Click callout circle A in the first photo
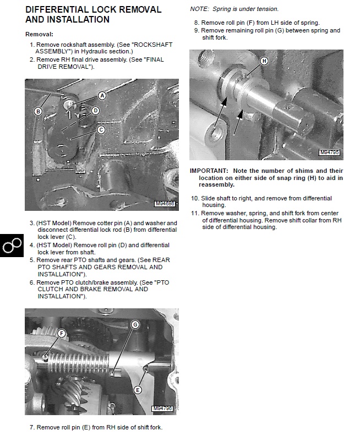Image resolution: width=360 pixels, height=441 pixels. tap(102, 95)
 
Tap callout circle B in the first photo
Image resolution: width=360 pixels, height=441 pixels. tap(38, 111)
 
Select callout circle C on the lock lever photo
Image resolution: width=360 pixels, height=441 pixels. tap(101, 130)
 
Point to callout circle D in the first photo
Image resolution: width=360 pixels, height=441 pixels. tap(95, 110)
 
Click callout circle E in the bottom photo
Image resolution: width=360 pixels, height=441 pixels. tap(138, 390)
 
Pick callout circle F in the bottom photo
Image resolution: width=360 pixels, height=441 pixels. tap(62, 334)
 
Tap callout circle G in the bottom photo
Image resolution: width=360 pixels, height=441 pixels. tap(135, 325)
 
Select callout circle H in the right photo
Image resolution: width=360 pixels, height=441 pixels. tap(264, 61)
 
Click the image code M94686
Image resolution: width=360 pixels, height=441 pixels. tap(165, 204)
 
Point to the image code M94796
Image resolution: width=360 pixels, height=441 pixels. tap(162, 409)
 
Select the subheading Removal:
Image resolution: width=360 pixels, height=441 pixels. tap(40, 34)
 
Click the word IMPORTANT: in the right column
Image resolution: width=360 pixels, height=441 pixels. tap(207, 171)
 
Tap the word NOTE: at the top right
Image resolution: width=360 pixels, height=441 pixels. tap(199, 9)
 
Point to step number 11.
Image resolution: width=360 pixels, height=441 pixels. tap(194, 213)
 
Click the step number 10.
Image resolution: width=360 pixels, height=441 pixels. tap(194, 198)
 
